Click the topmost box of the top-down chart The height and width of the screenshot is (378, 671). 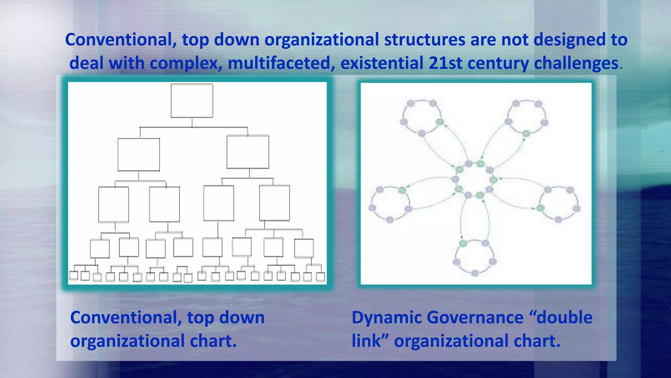[x=192, y=101]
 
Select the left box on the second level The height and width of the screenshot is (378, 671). [x=139, y=155]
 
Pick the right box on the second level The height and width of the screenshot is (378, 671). [x=248, y=152]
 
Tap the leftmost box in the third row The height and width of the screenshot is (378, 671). [x=114, y=204]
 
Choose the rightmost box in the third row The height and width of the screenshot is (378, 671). [x=275, y=203]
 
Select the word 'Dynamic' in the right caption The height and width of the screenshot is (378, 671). [x=386, y=318]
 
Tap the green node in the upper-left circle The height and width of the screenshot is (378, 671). [x=440, y=122]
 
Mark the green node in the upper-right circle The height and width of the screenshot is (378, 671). [x=526, y=133]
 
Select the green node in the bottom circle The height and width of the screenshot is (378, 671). [x=463, y=243]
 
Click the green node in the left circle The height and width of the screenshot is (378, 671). [x=402, y=190]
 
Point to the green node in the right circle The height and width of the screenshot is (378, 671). [x=541, y=208]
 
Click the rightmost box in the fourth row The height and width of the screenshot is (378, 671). [x=304, y=248]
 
